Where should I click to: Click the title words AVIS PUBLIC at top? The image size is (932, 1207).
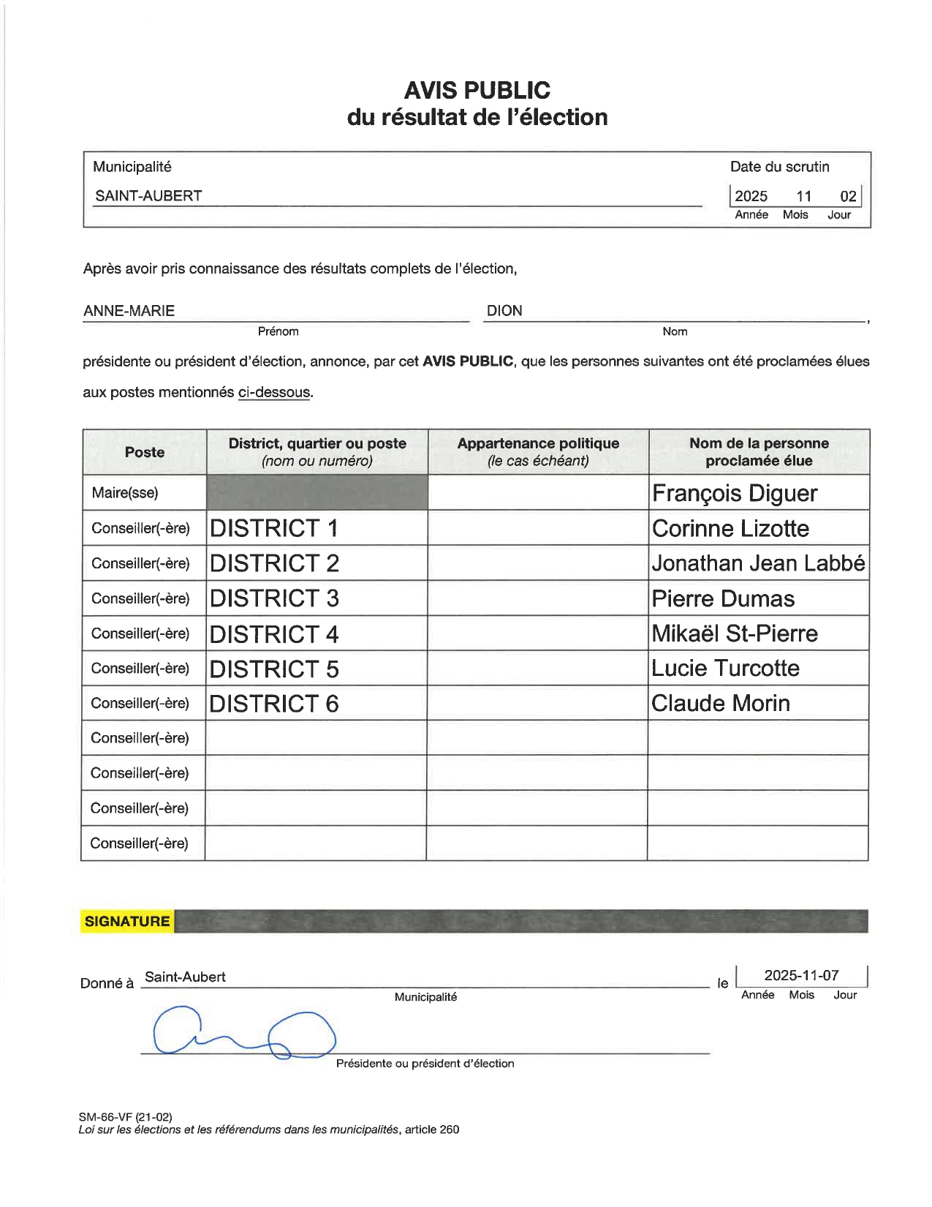click(x=477, y=91)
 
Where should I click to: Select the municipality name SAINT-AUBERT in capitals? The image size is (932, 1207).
click(x=148, y=196)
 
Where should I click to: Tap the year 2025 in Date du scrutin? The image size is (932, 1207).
click(x=751, y=196)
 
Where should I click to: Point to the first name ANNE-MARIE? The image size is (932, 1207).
click(x=129, y=311)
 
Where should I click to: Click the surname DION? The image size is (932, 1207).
click(x=504, y=311)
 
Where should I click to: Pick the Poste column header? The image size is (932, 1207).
click(x=145, y=452)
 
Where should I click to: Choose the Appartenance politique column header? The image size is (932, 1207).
click(x=538, y=451)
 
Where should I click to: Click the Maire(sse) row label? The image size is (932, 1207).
click(x=124, y=493)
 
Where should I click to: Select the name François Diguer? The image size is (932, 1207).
click(x=734, y=493)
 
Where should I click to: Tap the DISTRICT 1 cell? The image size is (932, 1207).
click(x=274, y=528)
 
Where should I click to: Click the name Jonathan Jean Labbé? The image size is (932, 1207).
click(x=758, y=563)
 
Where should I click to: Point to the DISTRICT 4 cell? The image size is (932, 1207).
click(x=274, y=633)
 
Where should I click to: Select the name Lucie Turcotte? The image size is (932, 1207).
click(x=725, y=669)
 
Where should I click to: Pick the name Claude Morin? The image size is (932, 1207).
click(x=720, y=704)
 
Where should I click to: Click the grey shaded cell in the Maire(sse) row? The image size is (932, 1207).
click(x=317, y=492)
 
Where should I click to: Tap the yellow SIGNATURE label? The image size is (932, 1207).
click(x=127, y=922)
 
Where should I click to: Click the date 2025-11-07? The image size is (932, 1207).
click(x=801, y=976)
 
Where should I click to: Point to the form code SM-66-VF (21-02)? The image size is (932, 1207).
click(x=126, y=1117)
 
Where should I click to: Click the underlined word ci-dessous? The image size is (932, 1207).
click(x=274, y=393)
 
